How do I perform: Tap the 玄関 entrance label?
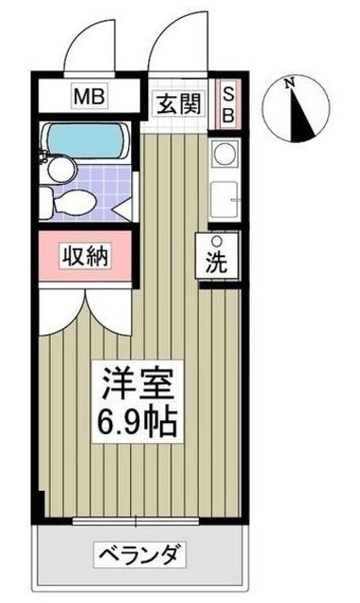pos(177,104)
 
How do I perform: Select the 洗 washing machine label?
pos(216,264)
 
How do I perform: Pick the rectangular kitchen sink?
pos(223,199)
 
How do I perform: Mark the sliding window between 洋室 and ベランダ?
pos(136,519)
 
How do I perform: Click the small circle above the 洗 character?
pos(216,240)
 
